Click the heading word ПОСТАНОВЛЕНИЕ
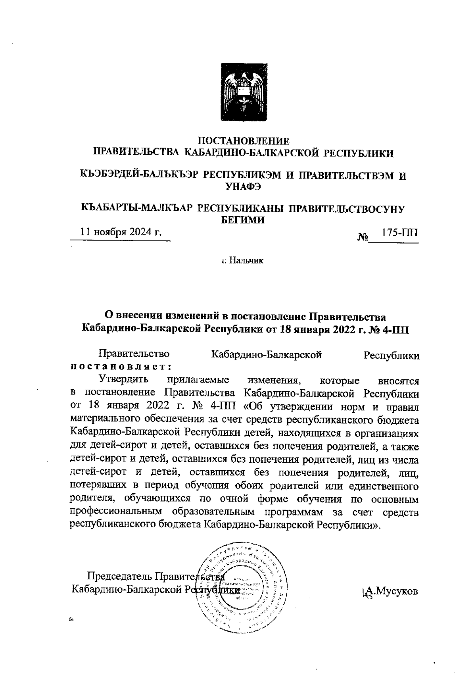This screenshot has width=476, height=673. click(244, 141)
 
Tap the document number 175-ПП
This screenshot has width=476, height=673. click(399, 233)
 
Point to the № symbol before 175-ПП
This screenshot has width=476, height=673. click(363, 238)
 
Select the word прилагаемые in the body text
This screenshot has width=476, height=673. click(198, 380)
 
